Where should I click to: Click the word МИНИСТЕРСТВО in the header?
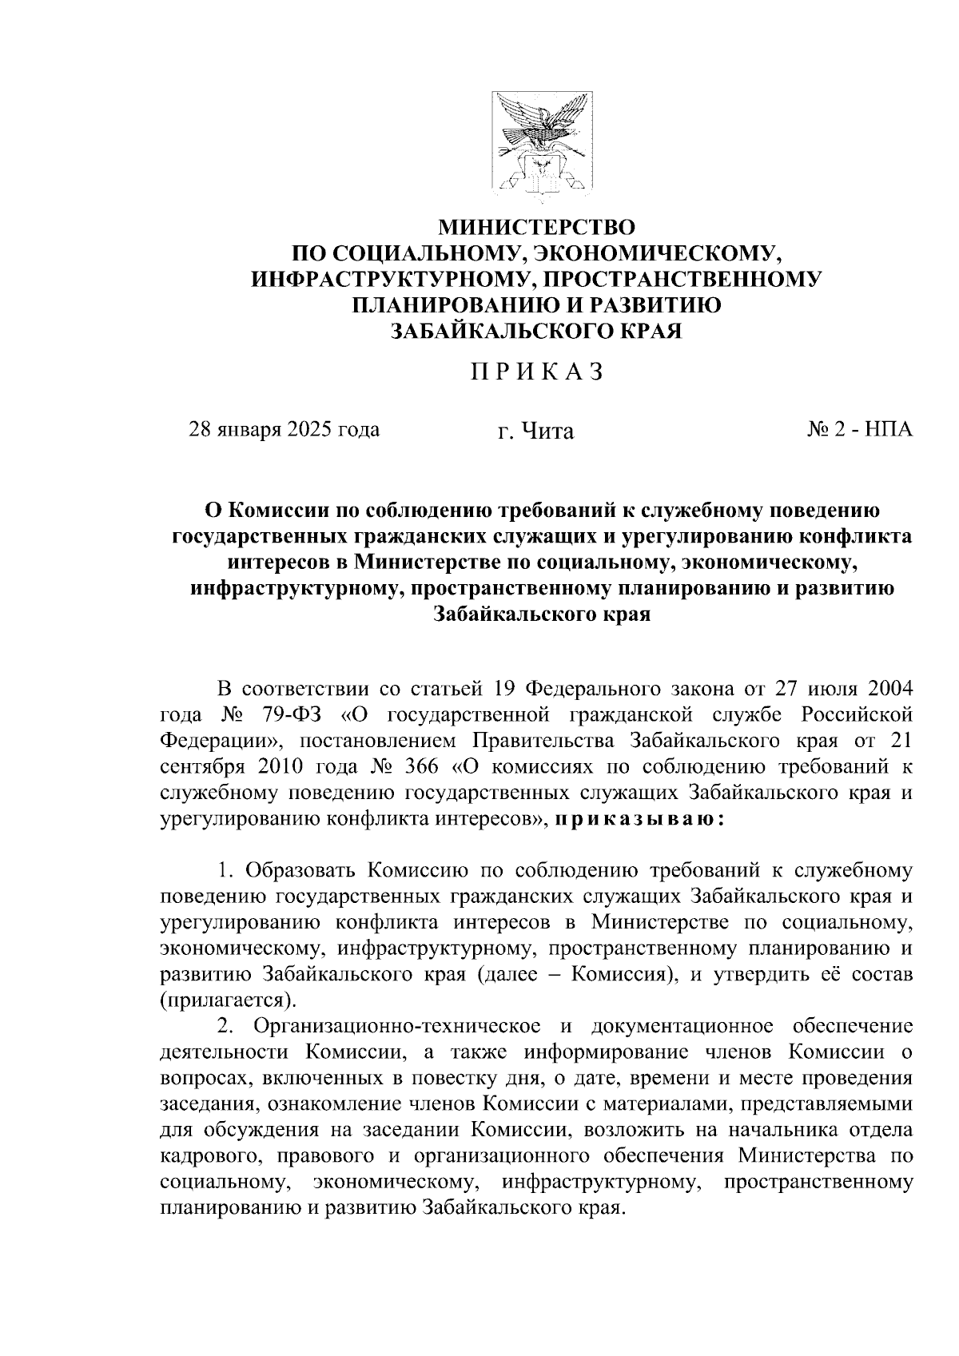[x=536, y=228]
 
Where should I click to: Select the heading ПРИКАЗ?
[x=535, y=372]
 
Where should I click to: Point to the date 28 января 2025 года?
[x=284, y=430]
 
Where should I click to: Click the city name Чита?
[x=547, y=431]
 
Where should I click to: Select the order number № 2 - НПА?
[x=858, y=430]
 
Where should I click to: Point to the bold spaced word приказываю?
[x=639, y=820]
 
